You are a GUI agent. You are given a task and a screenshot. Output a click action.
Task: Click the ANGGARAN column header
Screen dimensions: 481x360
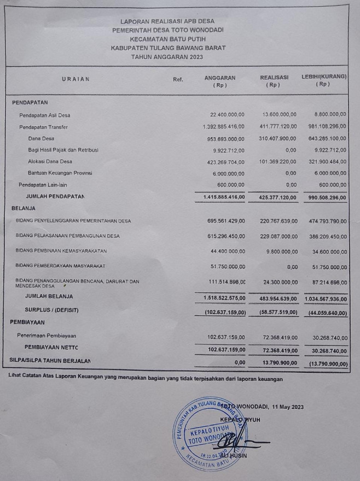pos(220,78)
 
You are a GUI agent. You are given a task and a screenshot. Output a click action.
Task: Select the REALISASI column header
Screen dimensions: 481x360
pos(274,78)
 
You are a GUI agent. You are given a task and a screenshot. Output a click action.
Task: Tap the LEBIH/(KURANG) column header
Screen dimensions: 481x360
pos(324,78)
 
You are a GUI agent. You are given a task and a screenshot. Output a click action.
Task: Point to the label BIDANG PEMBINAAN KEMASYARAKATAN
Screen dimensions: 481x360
pos(61,250)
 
